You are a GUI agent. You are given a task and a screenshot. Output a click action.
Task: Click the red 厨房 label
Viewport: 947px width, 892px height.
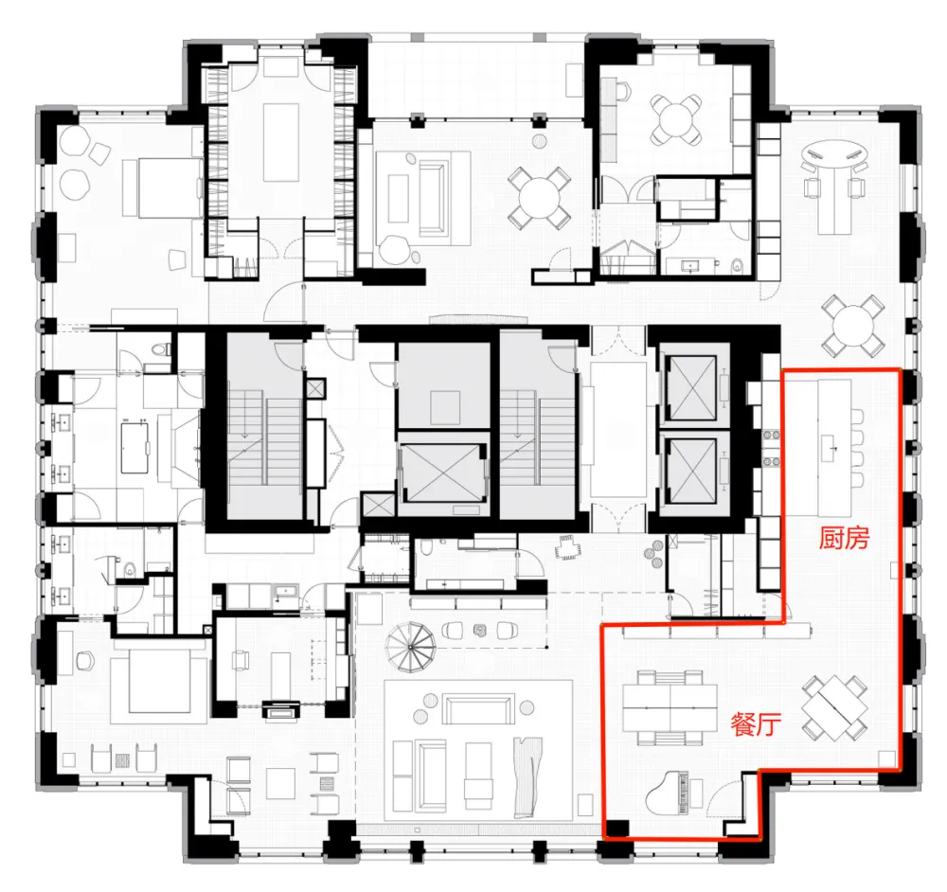(x=844, y=539)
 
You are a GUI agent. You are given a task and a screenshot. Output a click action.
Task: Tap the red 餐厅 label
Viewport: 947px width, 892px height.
(x=755, y=725)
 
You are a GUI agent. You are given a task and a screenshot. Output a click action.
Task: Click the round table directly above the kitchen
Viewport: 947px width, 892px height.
(x=850, y=325)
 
